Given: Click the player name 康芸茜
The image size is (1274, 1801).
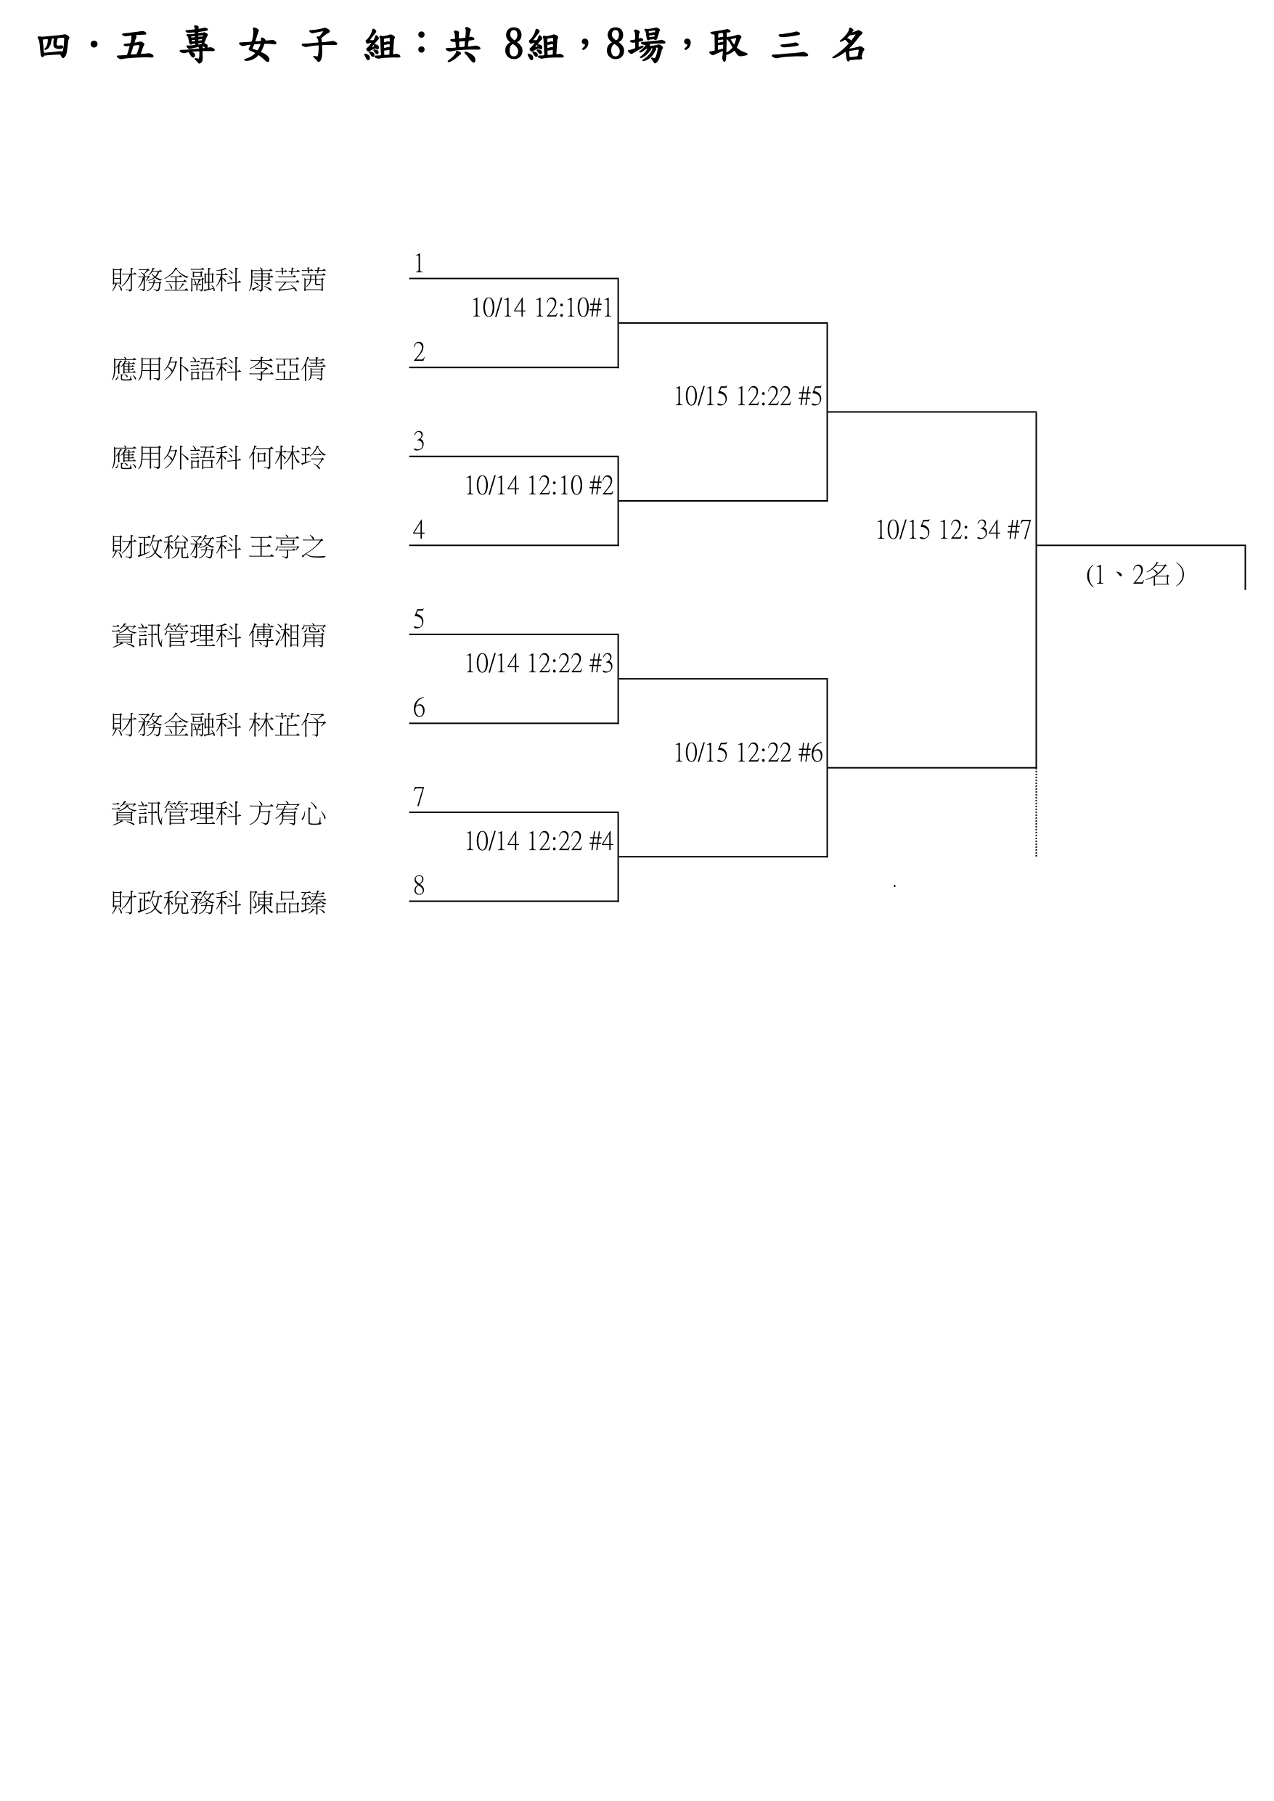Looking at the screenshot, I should tap(287, 280).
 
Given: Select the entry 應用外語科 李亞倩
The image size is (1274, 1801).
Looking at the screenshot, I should tap(218, 369).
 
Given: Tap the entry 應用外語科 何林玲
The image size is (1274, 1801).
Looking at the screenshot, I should tap(218, 457).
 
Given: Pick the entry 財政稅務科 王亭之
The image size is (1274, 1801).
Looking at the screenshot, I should tap(218, 547).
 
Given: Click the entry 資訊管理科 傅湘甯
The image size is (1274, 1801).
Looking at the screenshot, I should tap(218, 635).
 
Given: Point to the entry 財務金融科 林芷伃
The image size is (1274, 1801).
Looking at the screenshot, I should tap(218, 724).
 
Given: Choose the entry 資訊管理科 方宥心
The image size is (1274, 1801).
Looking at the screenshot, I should tap(218, 814).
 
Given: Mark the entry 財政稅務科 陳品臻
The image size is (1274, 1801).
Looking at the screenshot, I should tap(218, 903).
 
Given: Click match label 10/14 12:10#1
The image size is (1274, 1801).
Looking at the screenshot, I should tap(542, 308).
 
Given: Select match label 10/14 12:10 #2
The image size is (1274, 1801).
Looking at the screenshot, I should tap(539, 486).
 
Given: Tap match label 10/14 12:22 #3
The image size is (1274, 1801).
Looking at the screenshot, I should tap(539, 663).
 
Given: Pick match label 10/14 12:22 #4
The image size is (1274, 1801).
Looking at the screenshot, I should tap(539, 841).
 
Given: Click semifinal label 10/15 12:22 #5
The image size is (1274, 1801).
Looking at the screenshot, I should tap(748, 397).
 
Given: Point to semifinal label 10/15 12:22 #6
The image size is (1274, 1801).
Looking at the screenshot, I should tap(748, 753).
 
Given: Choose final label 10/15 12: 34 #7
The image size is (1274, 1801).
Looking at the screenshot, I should tap(953, 530).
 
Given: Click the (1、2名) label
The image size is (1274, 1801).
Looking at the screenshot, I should tap(1135, 575).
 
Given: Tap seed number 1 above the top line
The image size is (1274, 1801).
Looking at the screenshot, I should tap(419, 264).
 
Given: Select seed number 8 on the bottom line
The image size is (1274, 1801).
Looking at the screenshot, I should tap(419, 886).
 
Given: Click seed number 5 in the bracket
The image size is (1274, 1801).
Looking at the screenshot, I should tap(419, 620).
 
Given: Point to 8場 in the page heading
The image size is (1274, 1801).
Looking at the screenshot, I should tap(634, 46).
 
